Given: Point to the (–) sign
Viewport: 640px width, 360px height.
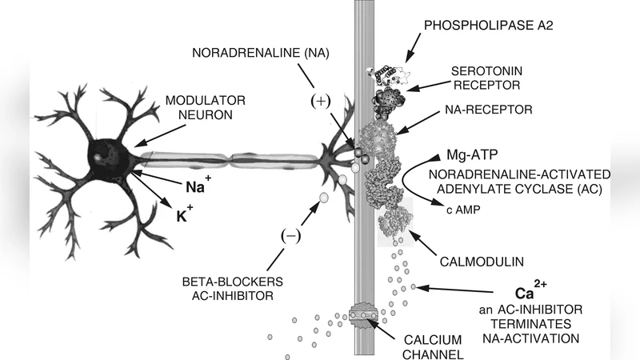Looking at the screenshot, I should coord(290,235).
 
